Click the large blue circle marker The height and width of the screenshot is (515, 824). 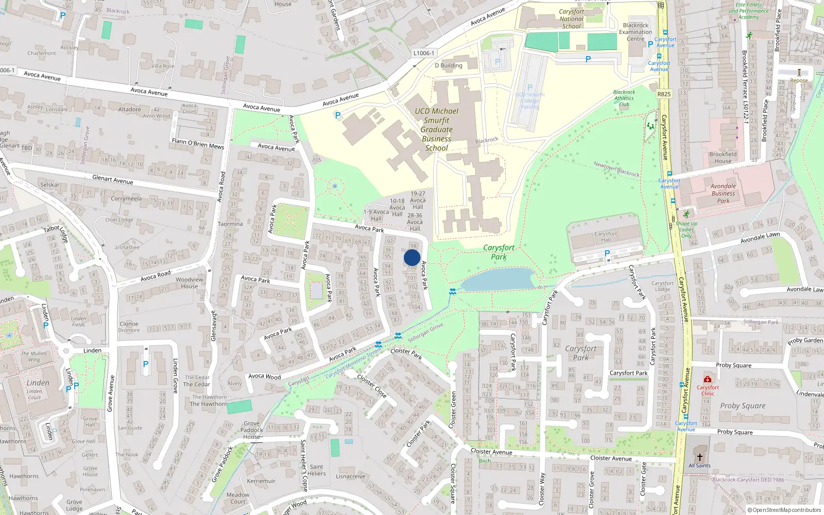pos(412,257)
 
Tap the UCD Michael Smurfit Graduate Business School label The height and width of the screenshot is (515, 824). pos(437,129)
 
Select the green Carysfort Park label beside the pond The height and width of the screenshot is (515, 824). pos(499,252)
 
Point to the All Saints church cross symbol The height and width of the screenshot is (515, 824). pos(699,457)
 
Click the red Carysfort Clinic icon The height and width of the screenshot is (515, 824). pos(708,380)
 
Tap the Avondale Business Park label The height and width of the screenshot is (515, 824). pos(723,194)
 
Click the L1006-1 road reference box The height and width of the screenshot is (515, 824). pos(424,53)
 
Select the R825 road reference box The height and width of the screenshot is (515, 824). pos(664,94)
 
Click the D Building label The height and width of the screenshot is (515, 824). pos(449,65)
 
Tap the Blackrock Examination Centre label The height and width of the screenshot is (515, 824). pos(636,32)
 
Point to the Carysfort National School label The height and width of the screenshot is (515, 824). pos(571,19)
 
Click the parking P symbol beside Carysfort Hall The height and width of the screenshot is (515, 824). pos(607,253)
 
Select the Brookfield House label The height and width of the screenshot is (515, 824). pos(723,157)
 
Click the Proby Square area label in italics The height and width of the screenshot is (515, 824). pos(743,406)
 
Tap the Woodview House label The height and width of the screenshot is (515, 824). pos(189,283)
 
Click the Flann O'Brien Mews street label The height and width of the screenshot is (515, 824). pos(198,143)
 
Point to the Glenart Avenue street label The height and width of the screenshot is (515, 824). pos(112,180)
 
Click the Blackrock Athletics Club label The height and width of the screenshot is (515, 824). pos(624,98)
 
